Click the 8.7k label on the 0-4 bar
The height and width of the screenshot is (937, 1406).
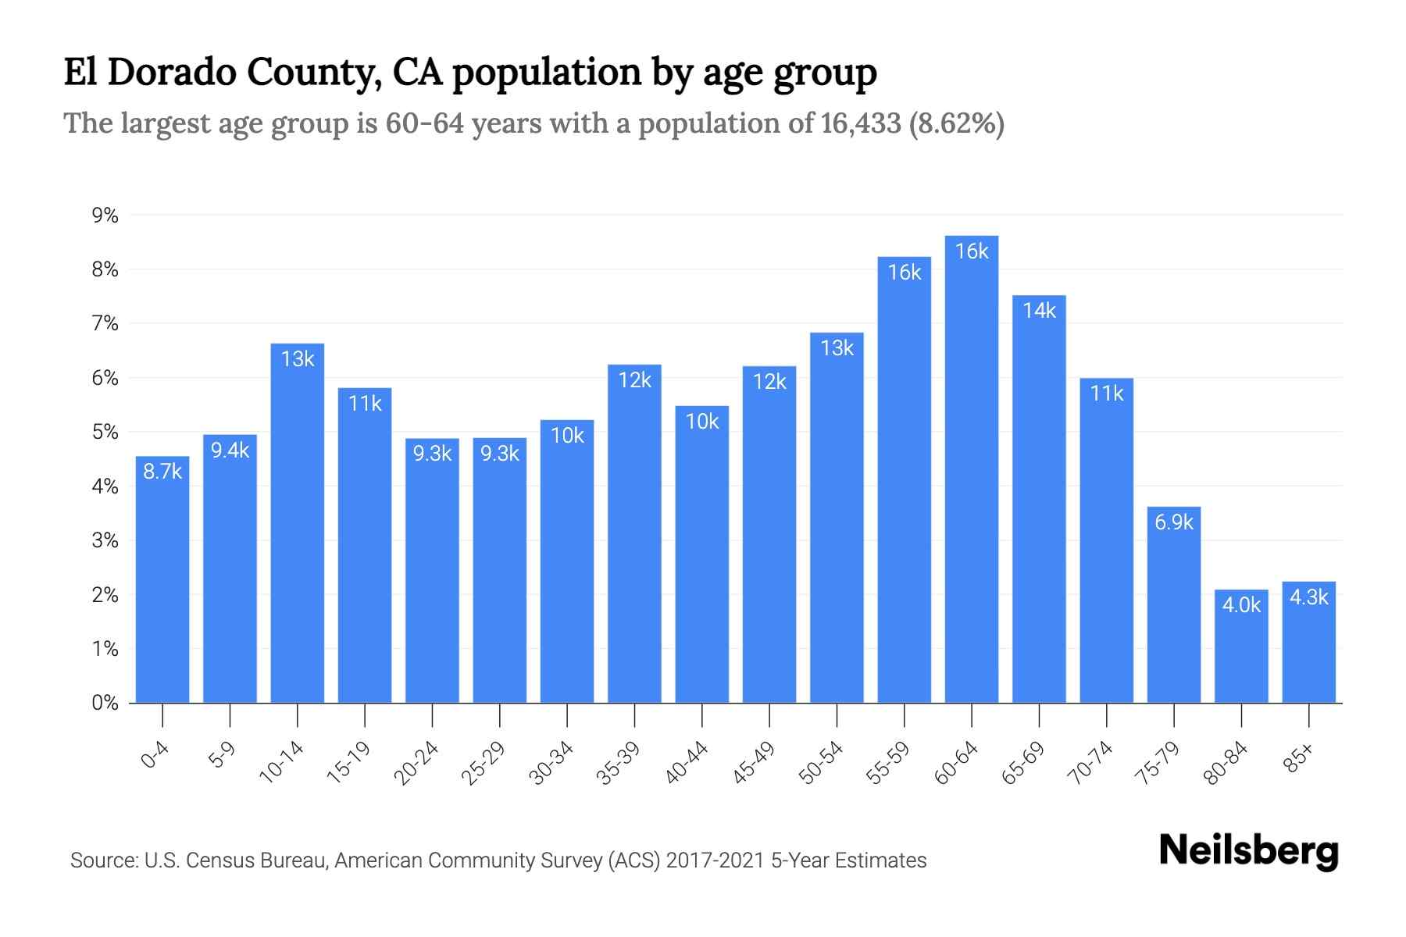pos(162,472)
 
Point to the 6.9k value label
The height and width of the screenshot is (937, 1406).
pos(1174,522)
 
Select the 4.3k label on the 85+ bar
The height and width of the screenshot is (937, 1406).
pos(1308,597)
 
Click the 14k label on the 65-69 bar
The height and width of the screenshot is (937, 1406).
pos(1039,311)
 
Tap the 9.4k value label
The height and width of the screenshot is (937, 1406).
pos(230,450)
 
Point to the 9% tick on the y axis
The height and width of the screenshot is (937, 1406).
pos(105,216)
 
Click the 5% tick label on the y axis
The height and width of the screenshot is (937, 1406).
pos(105,432)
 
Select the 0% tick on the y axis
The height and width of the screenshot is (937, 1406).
pos(105,703)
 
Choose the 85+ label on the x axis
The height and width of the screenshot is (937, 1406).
pos(1299,758)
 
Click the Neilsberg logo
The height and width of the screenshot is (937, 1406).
pos(1249,852)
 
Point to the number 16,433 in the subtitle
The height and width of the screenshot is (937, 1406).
pos(861,123)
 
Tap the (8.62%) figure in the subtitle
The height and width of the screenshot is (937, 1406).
pos(957,123)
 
